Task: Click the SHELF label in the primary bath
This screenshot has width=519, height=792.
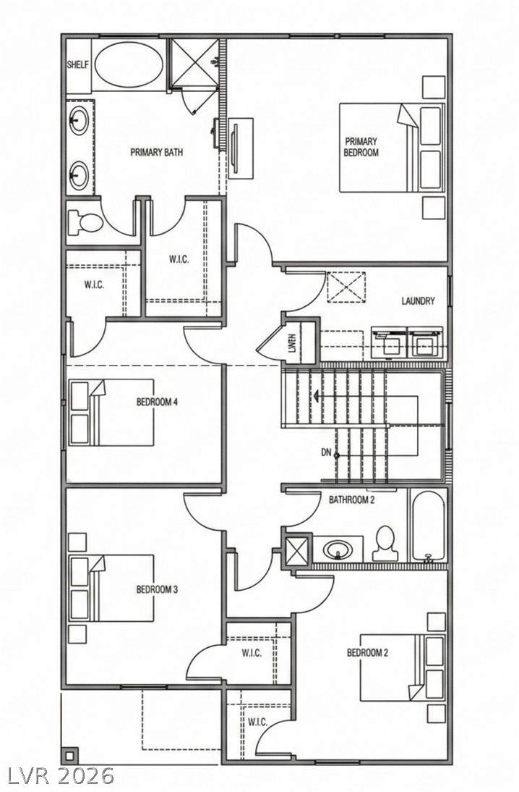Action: pyautogui.click(x=77, y=65)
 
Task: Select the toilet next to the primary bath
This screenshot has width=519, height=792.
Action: pyautogui.click(x=85, y=222)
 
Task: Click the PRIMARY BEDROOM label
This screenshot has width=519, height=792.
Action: pyautogui.click(x=361, y=147)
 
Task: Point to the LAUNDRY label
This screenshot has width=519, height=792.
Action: pyautogui.click(x=418, y=301)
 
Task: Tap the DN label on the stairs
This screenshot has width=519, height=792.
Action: pyautogui.click(x=326, y=453)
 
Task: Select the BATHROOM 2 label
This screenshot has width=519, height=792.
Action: pyautogui.click(x=351, y=500)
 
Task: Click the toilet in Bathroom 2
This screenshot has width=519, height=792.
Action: pyautogui.click(x=385, y=544)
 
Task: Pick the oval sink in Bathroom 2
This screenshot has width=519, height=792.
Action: pyautogui.click(x=338, y=549)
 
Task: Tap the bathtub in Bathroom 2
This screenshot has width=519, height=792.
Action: pyautogui.click(x=428, y=526)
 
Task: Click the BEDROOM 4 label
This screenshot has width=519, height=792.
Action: pyautogui.click(x=157, y=403)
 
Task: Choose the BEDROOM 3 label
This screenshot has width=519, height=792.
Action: pyautogui.click(x=157, y=589)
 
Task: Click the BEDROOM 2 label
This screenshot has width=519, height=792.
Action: pyautogui.click(x=368, y=652)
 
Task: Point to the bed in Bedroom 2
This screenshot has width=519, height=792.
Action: pyautogui.click(x=402, y=667)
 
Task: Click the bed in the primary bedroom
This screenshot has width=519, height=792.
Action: pyautogui.click(x=392, y=148)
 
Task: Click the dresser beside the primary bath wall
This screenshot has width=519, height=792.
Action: pyautogui.click(x=241, y=148)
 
